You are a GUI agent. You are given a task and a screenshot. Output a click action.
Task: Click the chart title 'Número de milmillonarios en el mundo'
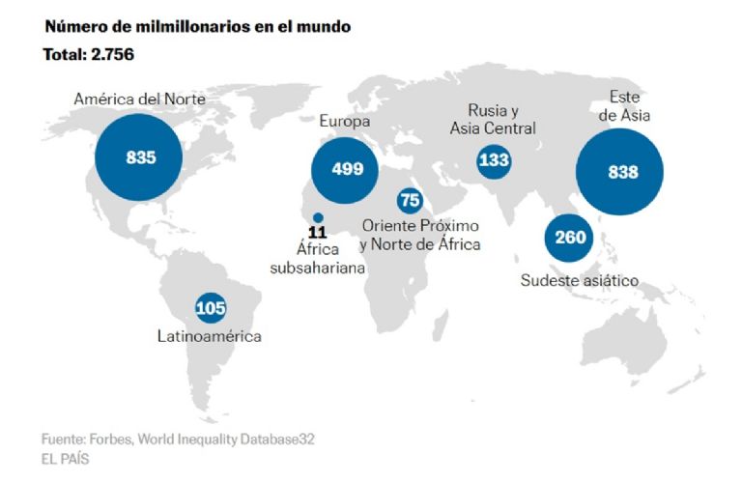(197, 27)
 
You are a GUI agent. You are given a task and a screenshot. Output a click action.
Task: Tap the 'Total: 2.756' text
(88, 55)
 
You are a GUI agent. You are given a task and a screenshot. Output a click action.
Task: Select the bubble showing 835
(140, 157)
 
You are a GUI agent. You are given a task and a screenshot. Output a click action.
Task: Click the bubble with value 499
(347, 169)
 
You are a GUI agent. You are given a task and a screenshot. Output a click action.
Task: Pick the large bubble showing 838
(622, 172)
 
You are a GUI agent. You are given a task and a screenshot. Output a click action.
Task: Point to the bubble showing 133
(494, 160)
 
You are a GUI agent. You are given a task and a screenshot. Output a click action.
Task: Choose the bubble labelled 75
(411, 200)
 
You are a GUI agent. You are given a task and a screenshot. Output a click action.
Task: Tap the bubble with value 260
(570, 238)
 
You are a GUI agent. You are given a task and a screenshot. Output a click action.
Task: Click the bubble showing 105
(211, 308)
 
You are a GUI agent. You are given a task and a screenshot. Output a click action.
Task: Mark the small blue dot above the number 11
(318, 216)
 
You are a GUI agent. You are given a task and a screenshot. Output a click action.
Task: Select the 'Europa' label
(346, 122)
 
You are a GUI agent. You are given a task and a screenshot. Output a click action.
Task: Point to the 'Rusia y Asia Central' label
(493, 119)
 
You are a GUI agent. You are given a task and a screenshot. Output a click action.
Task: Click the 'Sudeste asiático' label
(580, 281)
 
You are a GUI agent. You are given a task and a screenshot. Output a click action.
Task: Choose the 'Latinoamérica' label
(210, 336)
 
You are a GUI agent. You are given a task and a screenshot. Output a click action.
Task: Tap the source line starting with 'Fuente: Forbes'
(179, 439)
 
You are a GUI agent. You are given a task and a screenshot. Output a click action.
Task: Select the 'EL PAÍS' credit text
(66, 460)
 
